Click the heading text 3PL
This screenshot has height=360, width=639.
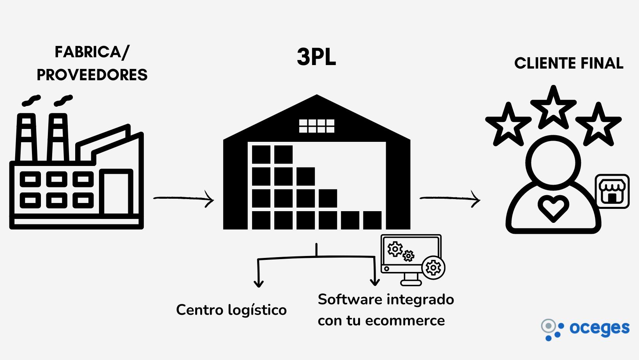click(x=316, y=57)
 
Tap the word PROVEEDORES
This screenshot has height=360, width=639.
click(x=92, y=75)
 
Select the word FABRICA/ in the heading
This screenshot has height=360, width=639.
click(x=92, y=52)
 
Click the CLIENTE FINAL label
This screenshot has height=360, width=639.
click(x=569, y=63)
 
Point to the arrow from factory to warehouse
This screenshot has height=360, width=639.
click(x=184, y=198)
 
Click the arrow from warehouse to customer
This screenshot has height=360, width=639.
click(x=450, y=198)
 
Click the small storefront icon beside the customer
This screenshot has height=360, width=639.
click(x=612, y=191)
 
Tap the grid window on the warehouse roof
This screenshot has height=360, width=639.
click(x=317, y=126)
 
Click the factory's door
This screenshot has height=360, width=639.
click(x=116, y=192)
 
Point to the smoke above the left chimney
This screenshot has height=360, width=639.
click(x=32, y=101)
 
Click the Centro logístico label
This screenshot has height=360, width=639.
click(x=231, y=311)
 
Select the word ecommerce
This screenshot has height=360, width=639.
click(x=405, y=321)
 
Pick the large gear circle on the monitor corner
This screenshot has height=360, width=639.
click(x=433, y=268)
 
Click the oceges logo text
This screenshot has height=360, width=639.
click(x=599, y=328)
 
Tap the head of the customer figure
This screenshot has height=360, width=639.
click(x=553, y=163)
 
